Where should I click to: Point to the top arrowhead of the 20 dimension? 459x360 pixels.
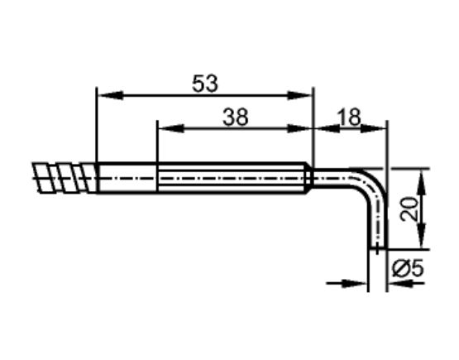(422, 176)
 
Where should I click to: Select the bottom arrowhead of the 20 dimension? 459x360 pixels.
(422, 241)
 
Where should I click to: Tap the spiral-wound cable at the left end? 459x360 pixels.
(64, 177)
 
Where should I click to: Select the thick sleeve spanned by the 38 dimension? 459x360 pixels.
(234, 177)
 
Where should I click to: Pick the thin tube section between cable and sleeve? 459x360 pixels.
(127, 177)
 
